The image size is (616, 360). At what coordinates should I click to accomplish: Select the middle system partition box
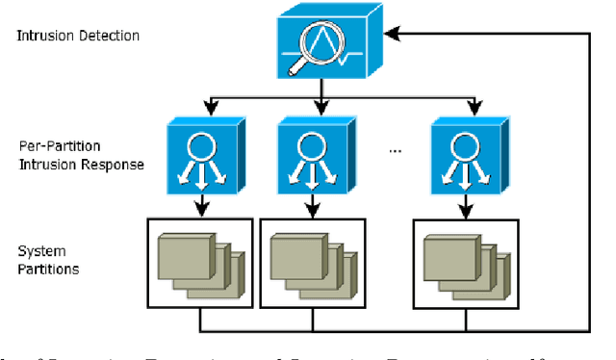pos(313,263)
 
